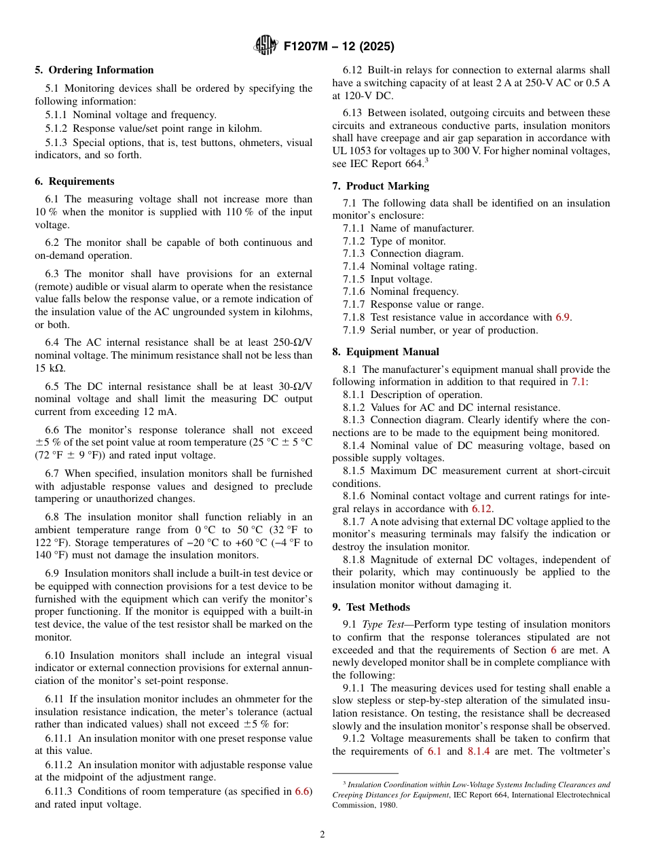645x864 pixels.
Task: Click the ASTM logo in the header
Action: [x=265, y=46]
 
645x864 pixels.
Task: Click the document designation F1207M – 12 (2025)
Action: [x=338, y=46]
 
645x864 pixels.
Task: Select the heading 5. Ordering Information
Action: [x=94, y=70]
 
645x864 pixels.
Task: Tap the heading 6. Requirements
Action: [x=75, y=181]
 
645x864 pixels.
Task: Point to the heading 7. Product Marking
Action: [x=381, y=186]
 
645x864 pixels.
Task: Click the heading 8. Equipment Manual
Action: [x=386, y=352]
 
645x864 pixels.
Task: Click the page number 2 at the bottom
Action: [x=322, y=835]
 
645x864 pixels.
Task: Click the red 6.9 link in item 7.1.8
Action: [x=563, y=317]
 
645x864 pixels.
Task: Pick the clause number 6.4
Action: [x=53, y=342]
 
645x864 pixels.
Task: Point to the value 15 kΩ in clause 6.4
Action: [x=50, y=368]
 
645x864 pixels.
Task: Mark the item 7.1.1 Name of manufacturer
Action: [x=408, y=228]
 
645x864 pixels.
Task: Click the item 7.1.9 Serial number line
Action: [x=440, y=330]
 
